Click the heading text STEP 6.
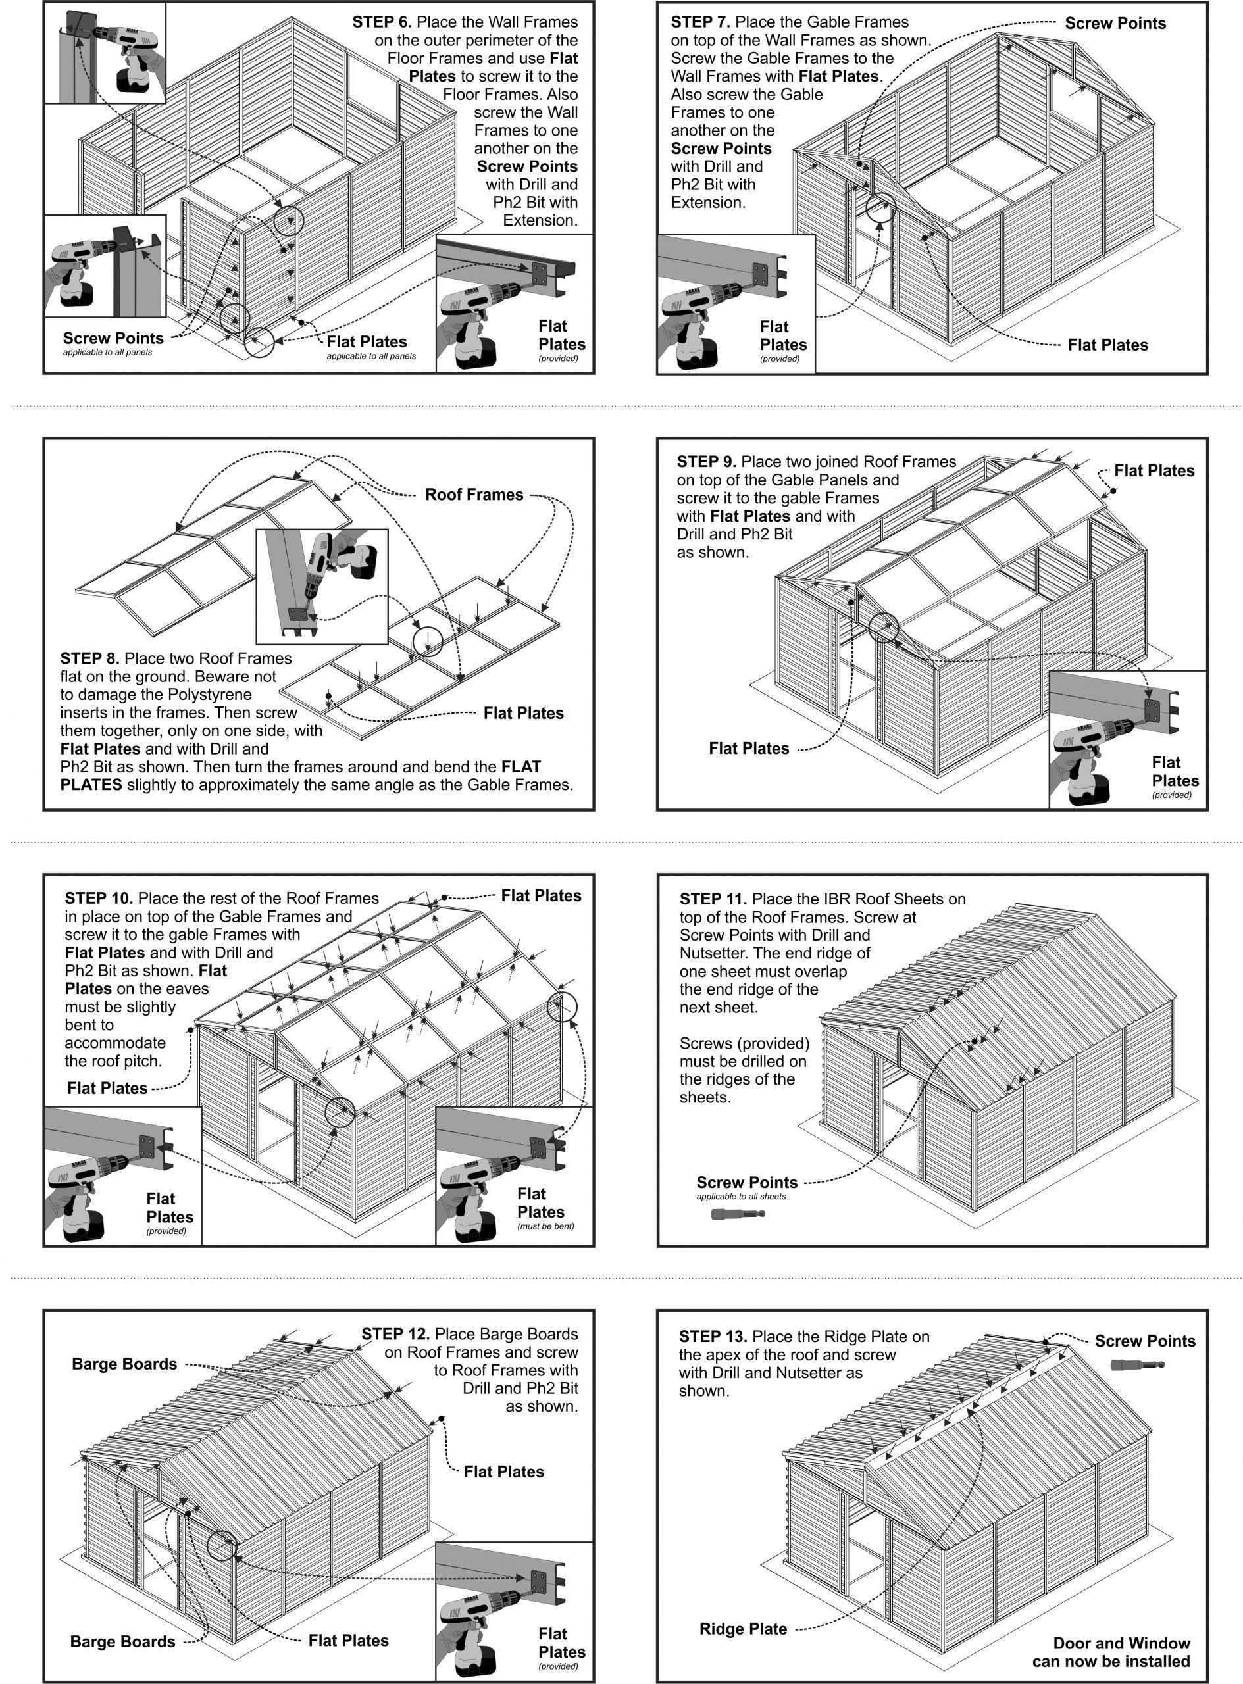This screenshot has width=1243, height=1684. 382,22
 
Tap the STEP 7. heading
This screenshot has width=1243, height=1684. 701,22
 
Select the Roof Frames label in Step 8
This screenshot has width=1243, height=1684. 474,495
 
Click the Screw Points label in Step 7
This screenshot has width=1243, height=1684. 1115,23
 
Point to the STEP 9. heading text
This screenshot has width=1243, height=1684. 706,462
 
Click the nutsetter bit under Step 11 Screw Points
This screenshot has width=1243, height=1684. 738,1214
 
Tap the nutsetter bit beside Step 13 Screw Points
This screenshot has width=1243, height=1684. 1137,1364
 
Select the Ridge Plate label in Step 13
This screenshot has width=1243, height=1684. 743,1629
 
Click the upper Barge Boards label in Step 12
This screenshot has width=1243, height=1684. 124,1364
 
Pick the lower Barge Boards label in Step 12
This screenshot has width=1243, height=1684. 122,1641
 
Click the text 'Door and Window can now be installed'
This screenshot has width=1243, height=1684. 1111,1652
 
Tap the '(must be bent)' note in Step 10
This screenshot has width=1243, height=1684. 545,1226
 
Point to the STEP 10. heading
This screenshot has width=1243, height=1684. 99,898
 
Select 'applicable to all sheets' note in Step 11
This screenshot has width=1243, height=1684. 740,1196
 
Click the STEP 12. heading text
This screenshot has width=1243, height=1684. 395,1334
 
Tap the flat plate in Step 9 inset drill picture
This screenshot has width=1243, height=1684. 1152,709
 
